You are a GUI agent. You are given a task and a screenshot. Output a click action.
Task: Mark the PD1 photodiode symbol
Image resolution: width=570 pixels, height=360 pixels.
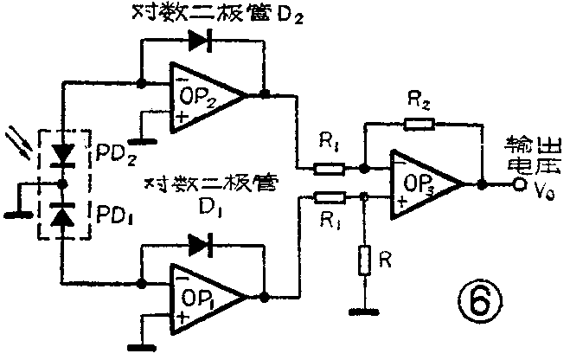63,215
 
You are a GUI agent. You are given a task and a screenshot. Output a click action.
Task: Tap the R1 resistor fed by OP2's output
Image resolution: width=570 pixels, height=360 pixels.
328,168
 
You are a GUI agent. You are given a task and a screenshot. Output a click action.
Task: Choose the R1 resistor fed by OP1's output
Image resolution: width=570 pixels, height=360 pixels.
328,198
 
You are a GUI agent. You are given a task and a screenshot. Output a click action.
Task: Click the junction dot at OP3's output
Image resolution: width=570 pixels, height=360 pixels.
480,184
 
